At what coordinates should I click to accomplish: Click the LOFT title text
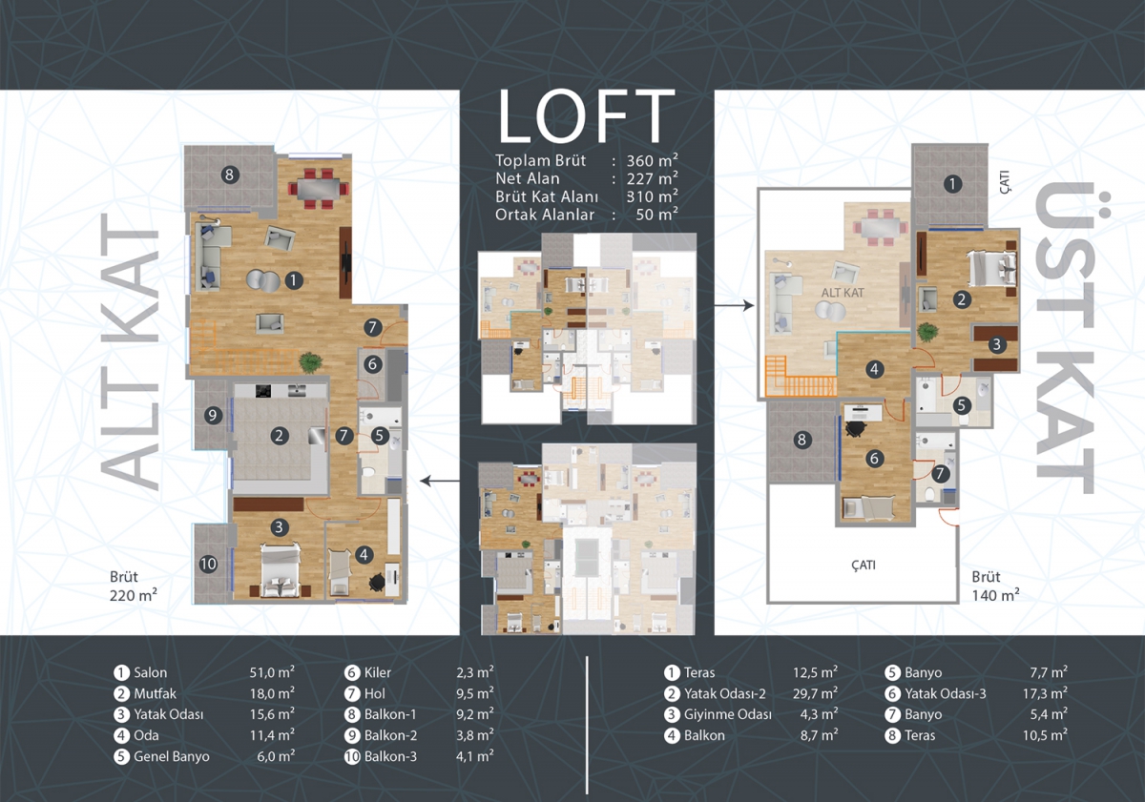[x=586, y=116]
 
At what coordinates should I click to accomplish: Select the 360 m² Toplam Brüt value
[x=653, y=160]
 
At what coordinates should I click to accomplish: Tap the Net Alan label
[x=527, y=178]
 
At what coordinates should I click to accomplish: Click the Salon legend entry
[x=140, y=672]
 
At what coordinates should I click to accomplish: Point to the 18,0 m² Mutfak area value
[x=272, y=693]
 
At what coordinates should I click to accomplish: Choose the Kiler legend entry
[x=368, y=672]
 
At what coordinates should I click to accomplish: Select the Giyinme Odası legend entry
[x=718, y=714]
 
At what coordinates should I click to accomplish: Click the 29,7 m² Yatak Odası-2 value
[x=815, y=693]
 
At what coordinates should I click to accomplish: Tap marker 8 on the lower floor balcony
[x=230, y=175]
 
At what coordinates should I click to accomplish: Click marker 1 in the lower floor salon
[x=294, y=280]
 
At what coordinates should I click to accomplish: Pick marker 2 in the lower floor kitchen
[x=279, y=436]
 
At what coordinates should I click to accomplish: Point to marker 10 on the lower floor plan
[x=208, y=564]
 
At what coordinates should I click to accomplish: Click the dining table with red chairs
[x=318, y=189]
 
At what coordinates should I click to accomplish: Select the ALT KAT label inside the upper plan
[x=843, y=293]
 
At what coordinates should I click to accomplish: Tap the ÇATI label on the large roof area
[x=864, y=565]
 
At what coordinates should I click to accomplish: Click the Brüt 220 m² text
[x=133, y=586]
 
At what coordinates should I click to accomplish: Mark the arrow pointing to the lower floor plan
[x=440, y=481]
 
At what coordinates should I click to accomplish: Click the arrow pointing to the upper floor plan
[x=734, y=305]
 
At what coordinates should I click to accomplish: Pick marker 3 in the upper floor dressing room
[x=997, y=345]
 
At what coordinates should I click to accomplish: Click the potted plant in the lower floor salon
[x=310, y=362]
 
